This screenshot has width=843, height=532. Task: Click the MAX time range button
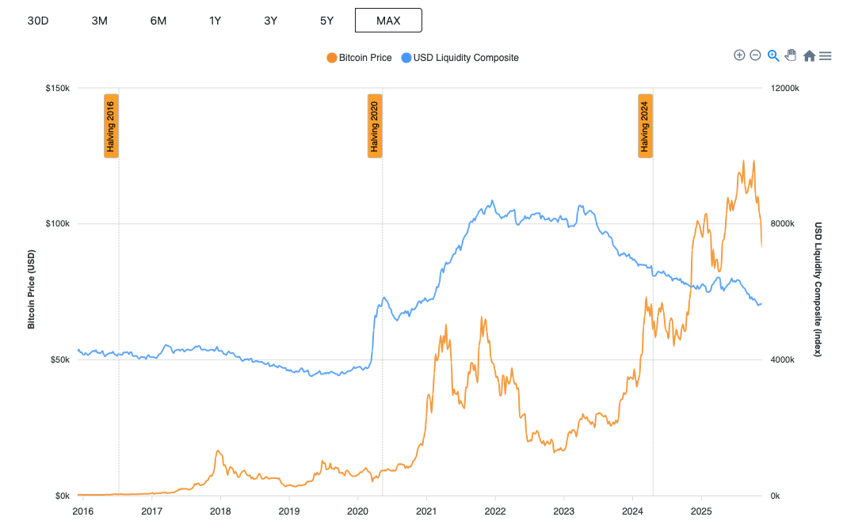pos(388,21)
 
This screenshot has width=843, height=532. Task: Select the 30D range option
pos(38,21)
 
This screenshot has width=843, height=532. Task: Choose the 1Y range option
pos(215,21)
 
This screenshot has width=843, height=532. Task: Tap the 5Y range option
pos(326,21)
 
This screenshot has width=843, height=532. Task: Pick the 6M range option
pos(158,21)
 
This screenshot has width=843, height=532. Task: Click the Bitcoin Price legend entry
pos(360,58)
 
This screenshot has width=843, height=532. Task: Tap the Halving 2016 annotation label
pos(112,126)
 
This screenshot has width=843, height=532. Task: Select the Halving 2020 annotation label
pos(375,126)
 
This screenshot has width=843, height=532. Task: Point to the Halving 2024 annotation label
pos(646,126)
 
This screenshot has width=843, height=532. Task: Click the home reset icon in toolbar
pos(809,55)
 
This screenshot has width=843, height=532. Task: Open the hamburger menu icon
pos(825,55)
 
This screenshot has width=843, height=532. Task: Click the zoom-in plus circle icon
pos(739,55)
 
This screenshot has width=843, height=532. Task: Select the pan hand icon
pos(790,55)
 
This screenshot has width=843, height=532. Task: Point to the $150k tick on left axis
pos(59,88)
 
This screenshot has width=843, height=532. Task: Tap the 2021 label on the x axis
pos(426,511)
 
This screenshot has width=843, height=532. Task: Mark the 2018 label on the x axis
pos(220,511)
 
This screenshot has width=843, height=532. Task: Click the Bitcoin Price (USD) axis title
pos(32,290)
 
